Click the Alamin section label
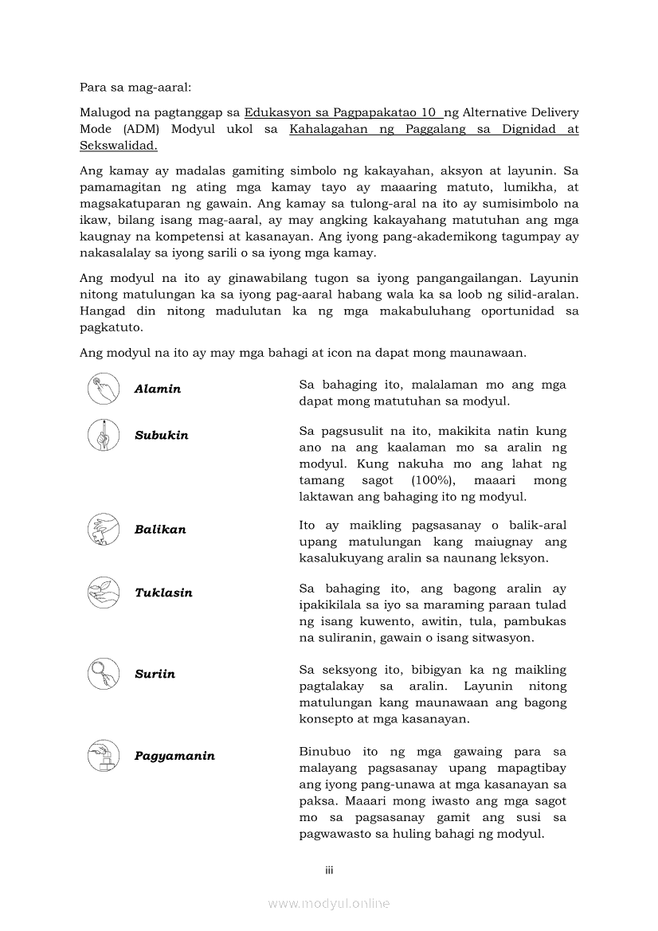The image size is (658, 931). (x=158, y=389)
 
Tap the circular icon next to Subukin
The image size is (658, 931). (x=103, y=435)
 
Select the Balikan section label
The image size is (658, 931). (x=160, y=530)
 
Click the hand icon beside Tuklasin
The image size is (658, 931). (x=103, y=592)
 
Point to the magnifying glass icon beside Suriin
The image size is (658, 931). (x=103, y=674)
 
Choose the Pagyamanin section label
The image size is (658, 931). (x=174, y=756)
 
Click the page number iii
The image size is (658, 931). (x=329, y=870)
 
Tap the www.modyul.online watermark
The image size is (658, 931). (x=329, y=903)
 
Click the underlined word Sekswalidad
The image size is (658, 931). (x=119, y=146)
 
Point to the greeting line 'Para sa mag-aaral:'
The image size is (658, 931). (x=130, y=86)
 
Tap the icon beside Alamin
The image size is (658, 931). (x=103, y=389)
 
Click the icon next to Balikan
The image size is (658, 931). (x=103, y=530)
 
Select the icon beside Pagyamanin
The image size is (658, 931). (x=103, y=755)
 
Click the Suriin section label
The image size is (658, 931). (x=155, y=674)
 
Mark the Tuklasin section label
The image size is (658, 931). (x=163, y=593)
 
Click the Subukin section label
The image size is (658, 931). (x=162, y=436)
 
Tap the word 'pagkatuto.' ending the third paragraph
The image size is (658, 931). (x=112, y=327)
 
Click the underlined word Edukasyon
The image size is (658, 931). (x=276, y=112)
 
